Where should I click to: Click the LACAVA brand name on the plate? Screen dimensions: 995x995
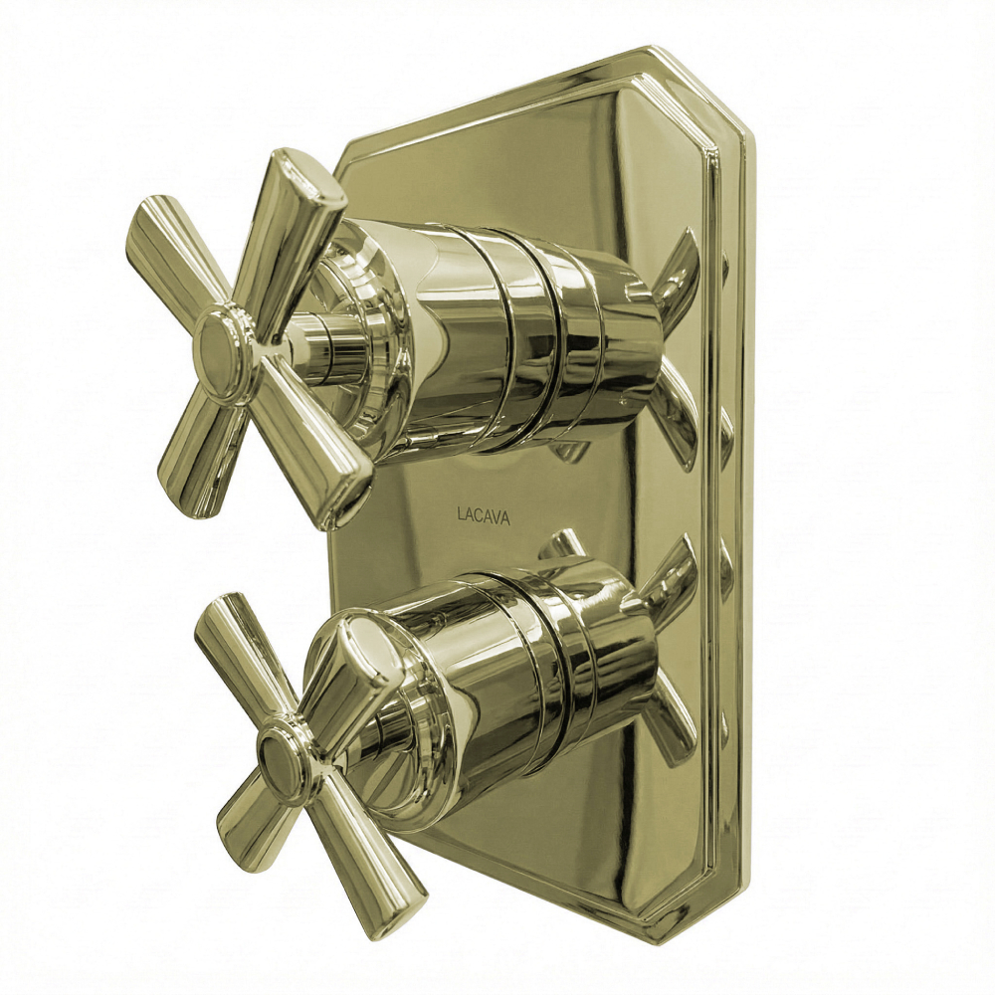tap(483, 515)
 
